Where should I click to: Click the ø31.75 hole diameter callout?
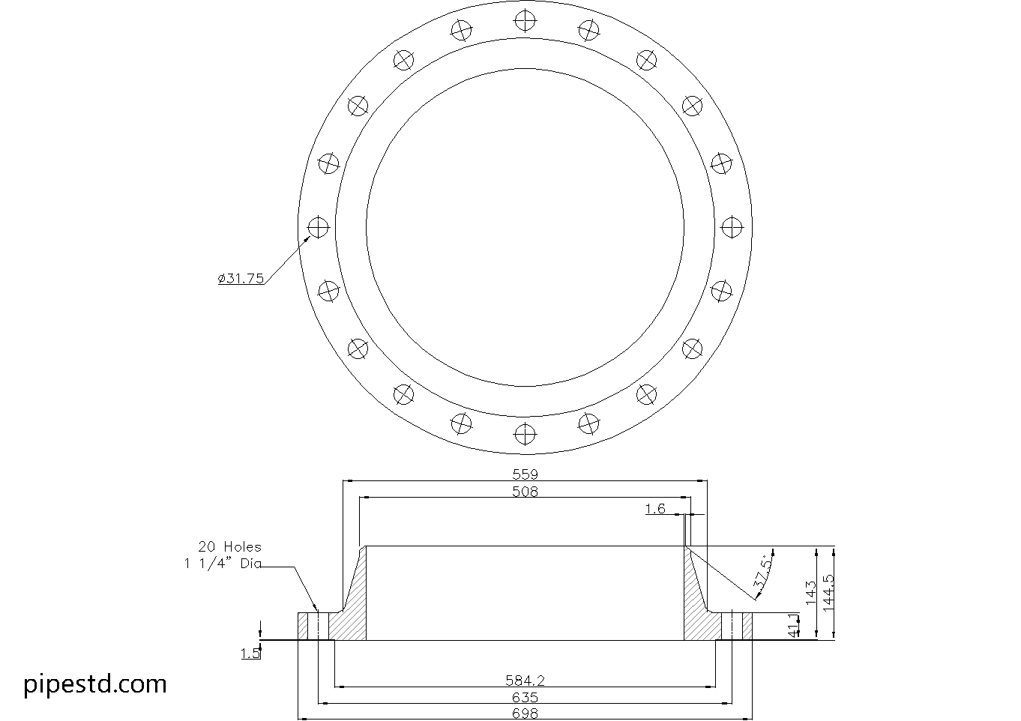pos(241,278)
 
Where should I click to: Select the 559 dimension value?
pos(525,474)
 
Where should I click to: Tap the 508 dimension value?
pos(525,492)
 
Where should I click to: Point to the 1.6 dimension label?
pos(655,509)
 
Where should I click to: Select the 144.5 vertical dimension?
pos(828,593)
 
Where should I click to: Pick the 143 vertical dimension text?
pos(810,593)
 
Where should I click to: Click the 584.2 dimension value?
pos(525,681)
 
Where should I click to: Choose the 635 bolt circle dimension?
pos(525,698)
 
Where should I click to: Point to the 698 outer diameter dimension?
pos(525,714)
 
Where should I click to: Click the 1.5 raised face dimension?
pos(250,654)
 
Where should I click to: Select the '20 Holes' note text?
pos(229,547)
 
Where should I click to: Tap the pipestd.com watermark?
pos(95,684)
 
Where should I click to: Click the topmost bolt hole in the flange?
pos(525,19)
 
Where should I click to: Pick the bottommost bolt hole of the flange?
pos(525,433)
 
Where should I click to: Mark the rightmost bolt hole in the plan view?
pos(731,226)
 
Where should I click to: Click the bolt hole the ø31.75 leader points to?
pos(319,226)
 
